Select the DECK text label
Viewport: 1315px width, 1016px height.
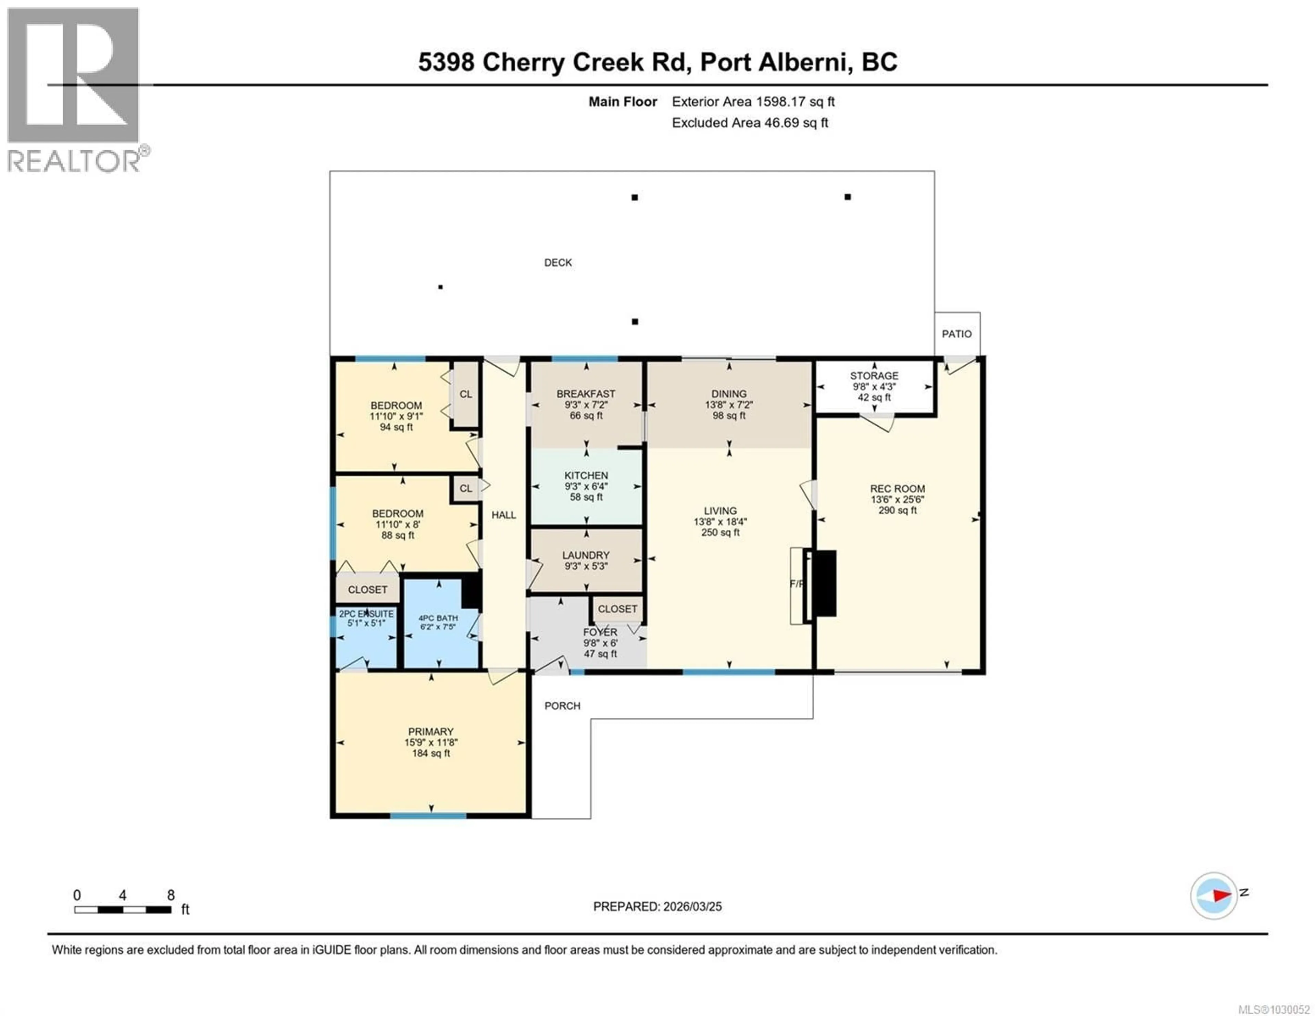pyautogui.click(x=558, y=263)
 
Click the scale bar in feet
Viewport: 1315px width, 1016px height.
pyautogui.click(x=123, y=910)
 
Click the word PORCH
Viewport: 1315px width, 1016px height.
pyautogui.click(x=562, y=706)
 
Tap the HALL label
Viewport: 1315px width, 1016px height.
pyautogui.click(x=503, y=515)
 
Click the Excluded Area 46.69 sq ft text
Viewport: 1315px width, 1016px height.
pyautogui.click(x=750, y=123)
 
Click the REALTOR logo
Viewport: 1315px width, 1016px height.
pyautogui.click(x=75, y=90)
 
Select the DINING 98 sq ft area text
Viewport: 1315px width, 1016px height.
pyautogui.click(x=728, y=416)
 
